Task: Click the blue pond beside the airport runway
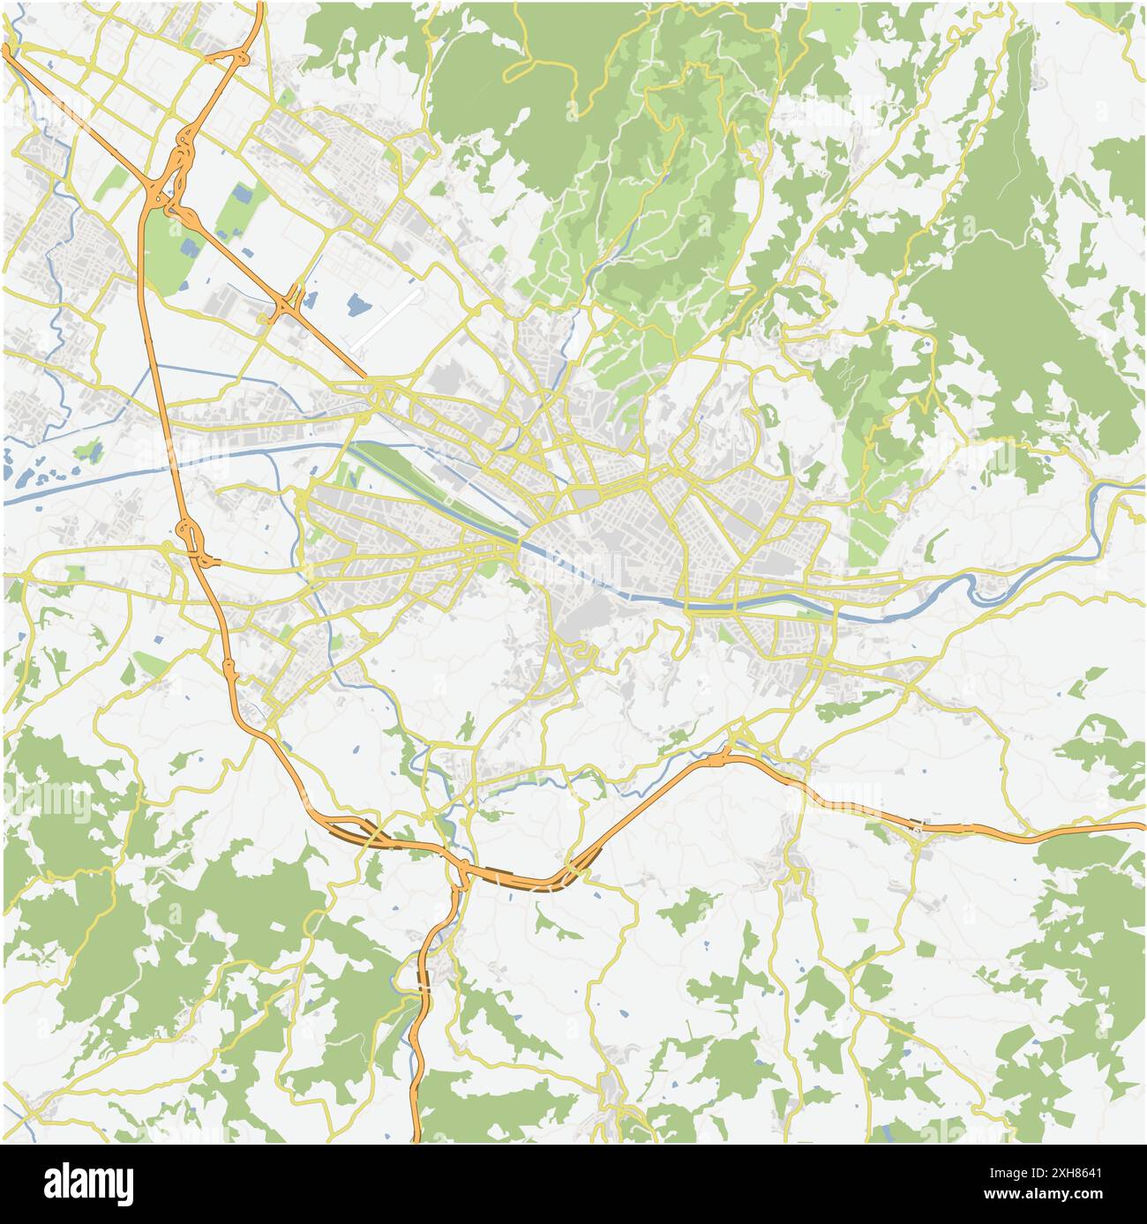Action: tap(357, 305)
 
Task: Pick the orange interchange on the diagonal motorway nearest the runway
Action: tap(288, 304)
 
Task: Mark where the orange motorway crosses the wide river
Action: tap(172, 459)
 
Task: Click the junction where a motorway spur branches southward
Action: tap(461, 873)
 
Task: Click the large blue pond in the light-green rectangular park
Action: tap(241, 195)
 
